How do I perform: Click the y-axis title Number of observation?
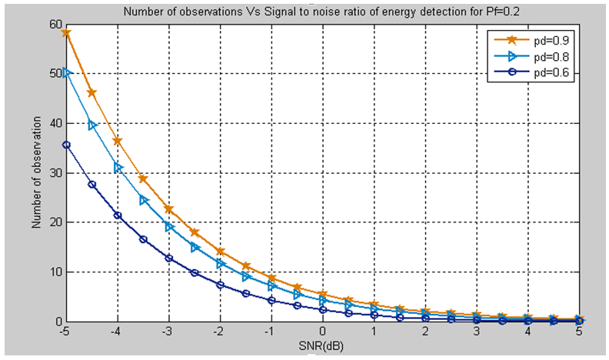point(36,172)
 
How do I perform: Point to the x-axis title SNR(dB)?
point(322,348)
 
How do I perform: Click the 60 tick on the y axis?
point(55,25)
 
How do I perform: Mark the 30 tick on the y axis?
point(55,173)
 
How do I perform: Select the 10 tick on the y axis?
point(55,272)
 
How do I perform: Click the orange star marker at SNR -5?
point(67,32)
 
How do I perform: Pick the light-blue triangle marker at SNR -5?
point(67,73)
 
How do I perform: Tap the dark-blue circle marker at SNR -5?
point(67,145)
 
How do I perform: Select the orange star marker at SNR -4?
point(118,141)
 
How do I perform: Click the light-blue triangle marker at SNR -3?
point(169,226)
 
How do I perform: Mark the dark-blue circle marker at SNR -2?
point(220,285)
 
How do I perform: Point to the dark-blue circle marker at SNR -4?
point(118,215)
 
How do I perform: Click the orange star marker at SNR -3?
point(169,209)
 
